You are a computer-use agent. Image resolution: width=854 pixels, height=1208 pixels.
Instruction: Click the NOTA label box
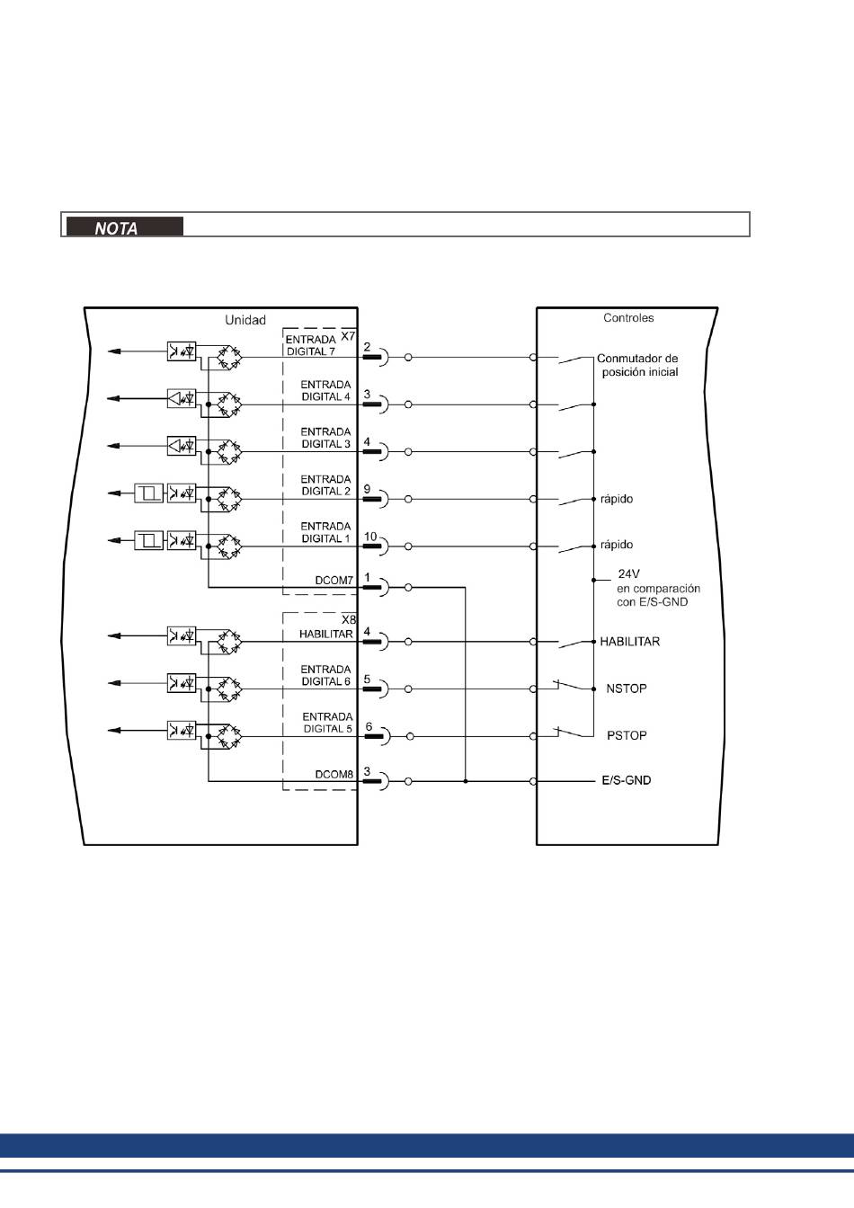click(122, 226)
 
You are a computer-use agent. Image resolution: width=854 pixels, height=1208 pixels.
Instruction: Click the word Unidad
click(245, 320)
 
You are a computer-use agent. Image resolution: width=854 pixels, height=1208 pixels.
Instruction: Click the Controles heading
click(628, 318)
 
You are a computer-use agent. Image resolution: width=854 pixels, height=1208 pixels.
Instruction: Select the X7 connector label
click(348, 335)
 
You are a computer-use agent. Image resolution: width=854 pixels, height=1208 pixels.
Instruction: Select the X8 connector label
click(349, 619)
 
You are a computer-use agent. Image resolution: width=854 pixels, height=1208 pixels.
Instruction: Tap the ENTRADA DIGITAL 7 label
click(310, 346)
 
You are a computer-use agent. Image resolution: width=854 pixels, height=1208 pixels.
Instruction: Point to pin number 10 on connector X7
click(370, 537)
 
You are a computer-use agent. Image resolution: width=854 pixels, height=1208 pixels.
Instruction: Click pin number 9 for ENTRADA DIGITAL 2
click(368, 489)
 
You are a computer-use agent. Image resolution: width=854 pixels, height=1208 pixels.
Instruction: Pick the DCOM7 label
click(334, 581)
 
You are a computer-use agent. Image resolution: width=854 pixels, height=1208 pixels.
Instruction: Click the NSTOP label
click(627, 688)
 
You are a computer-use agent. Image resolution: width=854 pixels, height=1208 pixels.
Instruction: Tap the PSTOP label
click(627, 735)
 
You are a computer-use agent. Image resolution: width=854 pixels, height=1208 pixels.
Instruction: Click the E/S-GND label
click(626, 780)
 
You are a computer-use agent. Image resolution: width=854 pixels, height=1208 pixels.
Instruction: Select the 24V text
click(628, 573)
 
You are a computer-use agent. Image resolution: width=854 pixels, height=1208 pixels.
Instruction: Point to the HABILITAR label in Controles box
click(630, 642)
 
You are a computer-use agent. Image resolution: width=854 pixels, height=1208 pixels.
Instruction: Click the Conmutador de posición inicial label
click(637, 365)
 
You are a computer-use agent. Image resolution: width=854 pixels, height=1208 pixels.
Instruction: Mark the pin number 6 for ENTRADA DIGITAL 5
click(368, 726)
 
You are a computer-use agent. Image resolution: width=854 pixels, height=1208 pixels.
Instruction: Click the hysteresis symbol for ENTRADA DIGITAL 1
click(149, 540)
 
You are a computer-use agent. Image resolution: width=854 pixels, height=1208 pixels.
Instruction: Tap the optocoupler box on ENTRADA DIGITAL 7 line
click(182, 351)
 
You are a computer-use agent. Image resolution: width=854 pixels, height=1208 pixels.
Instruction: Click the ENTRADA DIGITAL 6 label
click(326, 675)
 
